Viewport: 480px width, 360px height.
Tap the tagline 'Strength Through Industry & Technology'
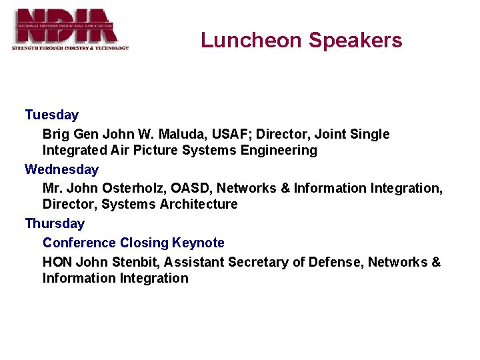pyautogui.click(x=70, y=48)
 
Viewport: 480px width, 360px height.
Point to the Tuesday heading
pyautogui.click(x=51, y=115)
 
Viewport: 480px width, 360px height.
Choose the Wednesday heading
pyautogui.click(x=61, y=169)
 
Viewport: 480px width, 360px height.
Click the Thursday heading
pyautogui.click(x=55, y=223)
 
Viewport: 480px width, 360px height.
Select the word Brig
pyautogui.click(x=55, y=134)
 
